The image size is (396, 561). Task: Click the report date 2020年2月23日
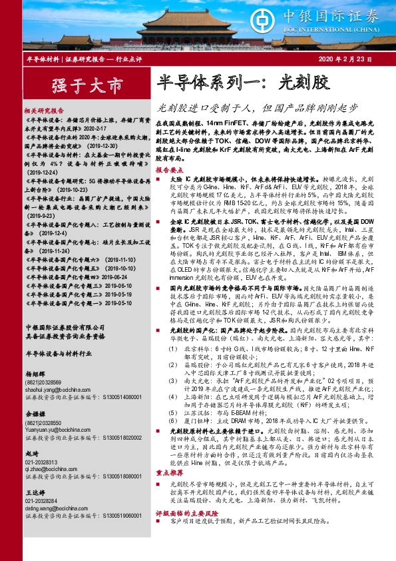(x=347, y=59)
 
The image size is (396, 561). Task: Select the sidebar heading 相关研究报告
(x=44, y=111)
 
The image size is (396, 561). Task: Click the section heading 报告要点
(x=169, y=171)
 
